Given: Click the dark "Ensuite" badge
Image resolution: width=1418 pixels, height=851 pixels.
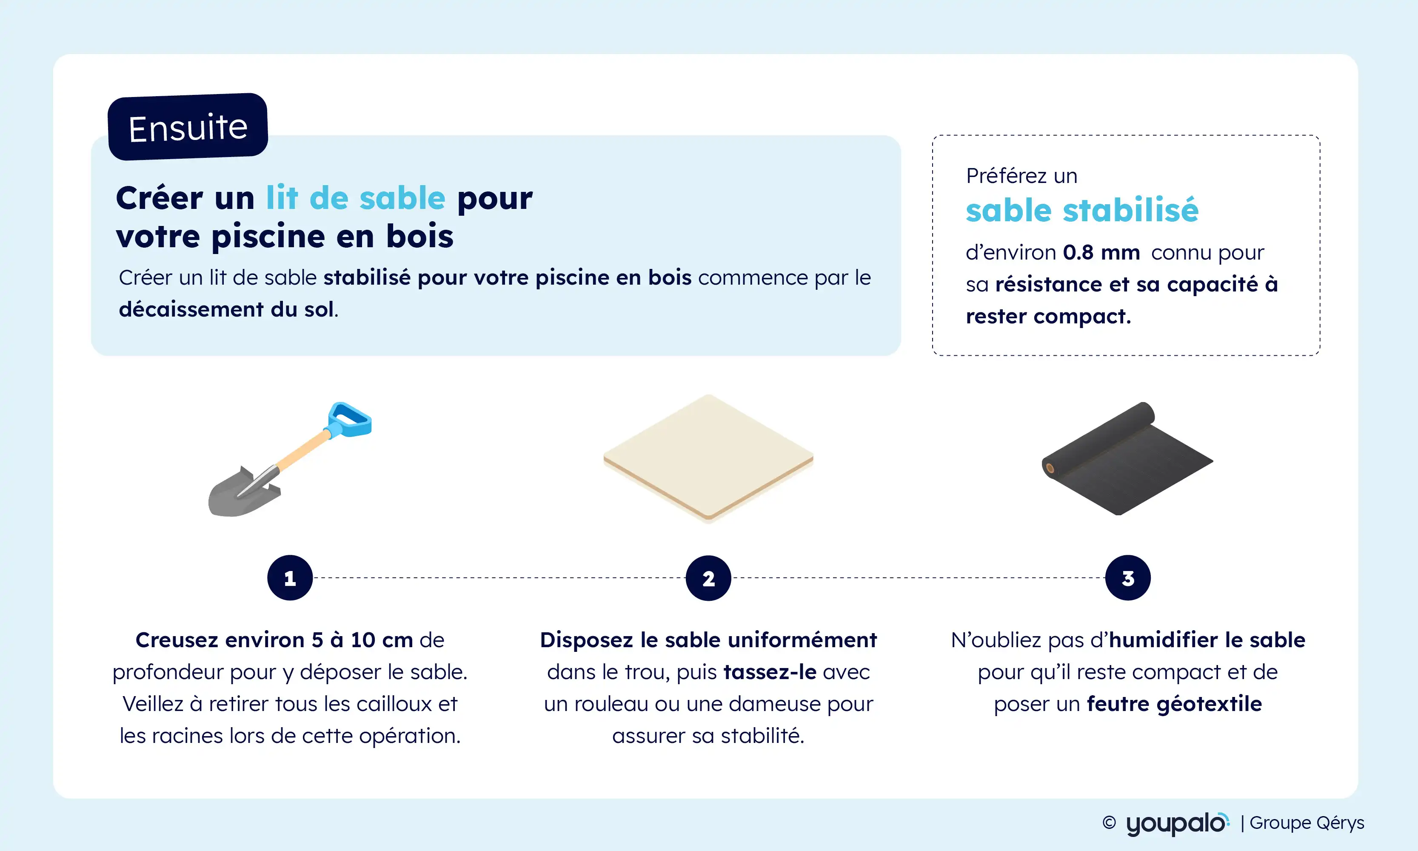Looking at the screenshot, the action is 188,127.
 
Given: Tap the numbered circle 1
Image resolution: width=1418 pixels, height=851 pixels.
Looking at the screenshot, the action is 290,578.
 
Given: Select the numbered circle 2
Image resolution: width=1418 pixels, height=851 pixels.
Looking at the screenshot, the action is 709,578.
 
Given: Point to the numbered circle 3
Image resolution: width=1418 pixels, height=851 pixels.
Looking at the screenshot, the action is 1128,578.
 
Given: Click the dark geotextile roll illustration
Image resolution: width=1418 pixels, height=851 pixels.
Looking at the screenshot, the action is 1127,459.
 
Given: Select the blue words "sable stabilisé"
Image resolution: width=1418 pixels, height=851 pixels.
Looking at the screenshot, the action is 1082,211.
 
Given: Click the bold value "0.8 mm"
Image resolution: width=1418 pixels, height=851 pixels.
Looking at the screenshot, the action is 1101,252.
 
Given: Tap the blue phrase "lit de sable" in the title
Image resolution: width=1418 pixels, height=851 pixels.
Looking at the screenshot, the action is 356,198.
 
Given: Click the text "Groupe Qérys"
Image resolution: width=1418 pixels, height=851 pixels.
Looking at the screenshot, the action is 1307,823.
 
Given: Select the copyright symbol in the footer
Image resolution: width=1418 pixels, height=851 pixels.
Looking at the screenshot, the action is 1109,823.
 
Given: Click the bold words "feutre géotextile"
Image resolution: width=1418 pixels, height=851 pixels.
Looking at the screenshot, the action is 1174,704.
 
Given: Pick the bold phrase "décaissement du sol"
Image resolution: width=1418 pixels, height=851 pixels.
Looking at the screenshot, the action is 226,310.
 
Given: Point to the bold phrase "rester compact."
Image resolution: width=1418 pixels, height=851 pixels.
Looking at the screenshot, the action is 1048,317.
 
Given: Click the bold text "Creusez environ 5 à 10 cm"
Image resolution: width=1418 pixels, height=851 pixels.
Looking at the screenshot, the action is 274,640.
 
